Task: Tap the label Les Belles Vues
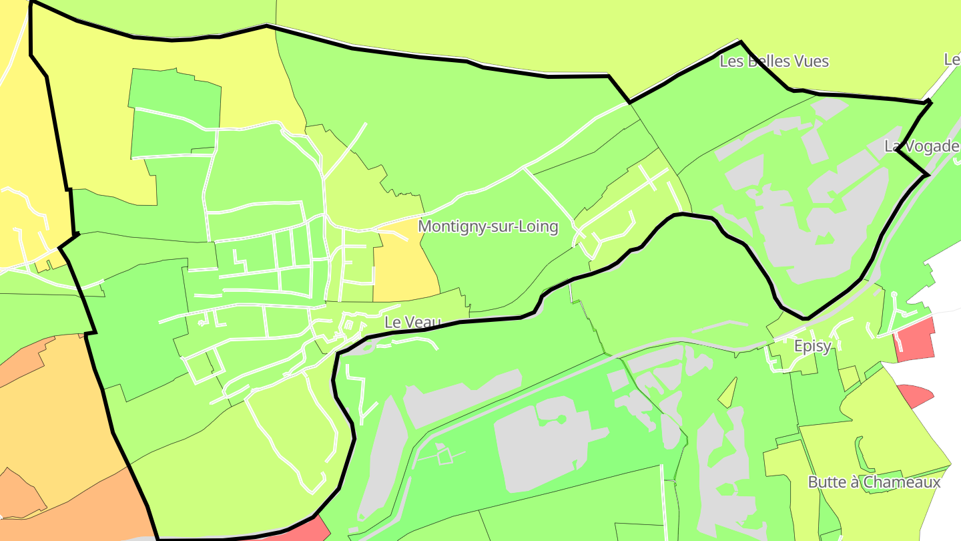(x=774, y=61)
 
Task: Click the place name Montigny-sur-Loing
(x=488, y=226)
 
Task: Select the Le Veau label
(x=413, y=322)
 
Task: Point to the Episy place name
(x=813, y=346)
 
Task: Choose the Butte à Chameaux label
(x=874, y=482)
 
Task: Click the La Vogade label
(x=922, y=146)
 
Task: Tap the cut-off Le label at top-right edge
(x=952, y=59)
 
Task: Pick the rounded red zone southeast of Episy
(x=913, y=395)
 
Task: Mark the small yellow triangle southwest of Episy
(x=729, y=393)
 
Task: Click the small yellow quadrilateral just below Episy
(x=848, y=377)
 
